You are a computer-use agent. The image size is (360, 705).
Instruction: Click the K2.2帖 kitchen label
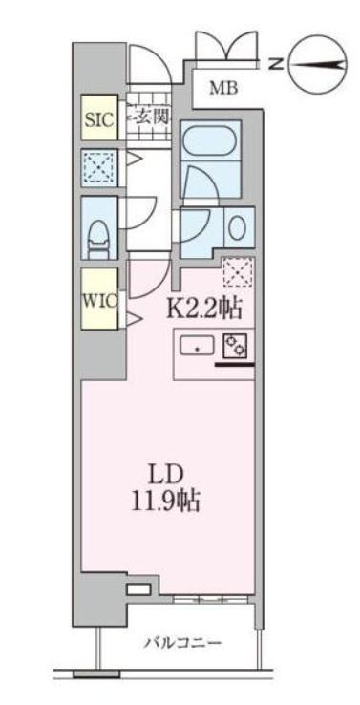(x=204, y=308)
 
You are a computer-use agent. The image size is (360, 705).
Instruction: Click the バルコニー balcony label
(x=182, y=643)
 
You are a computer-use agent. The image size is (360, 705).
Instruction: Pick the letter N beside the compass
(x=274, y=64)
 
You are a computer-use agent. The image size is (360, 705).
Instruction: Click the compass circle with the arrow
(x=316, y=64)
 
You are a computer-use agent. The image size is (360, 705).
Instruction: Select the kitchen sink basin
(x=197, y=346)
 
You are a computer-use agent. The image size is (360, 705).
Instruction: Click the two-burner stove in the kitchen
(x=235, y=346)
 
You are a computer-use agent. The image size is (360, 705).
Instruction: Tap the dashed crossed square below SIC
(x=96, y=168)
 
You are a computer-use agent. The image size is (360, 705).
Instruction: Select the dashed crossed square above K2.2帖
(x=236, y=274)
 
